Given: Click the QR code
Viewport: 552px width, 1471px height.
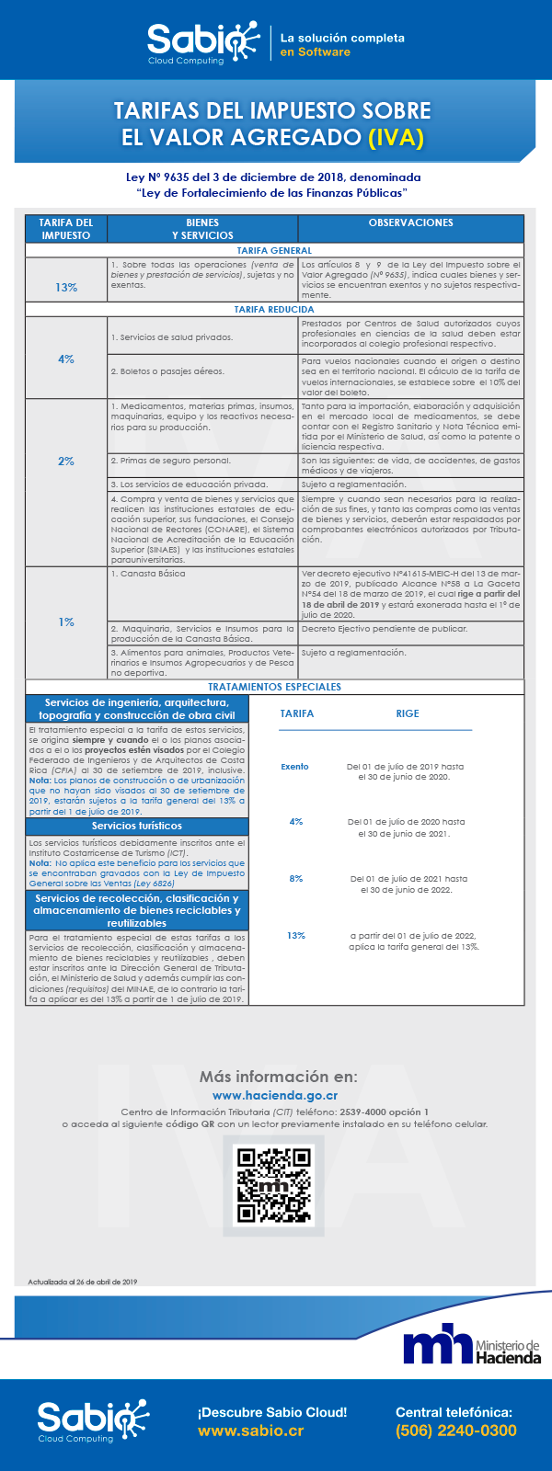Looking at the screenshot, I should point(274,1185).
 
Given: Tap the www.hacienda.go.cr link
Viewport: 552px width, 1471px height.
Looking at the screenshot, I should point(275,1096).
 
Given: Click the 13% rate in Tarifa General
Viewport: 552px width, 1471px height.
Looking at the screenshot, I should point(66,287).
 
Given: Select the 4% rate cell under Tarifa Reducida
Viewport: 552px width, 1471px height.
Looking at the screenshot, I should point(66,359).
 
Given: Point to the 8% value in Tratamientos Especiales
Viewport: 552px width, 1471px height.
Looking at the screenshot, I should point(295,879).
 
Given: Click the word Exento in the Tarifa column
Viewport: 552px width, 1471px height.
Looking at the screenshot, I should point(294,767).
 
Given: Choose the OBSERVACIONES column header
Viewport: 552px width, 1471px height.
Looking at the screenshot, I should point(410,223).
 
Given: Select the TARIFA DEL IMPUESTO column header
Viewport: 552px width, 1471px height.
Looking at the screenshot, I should point(66,229).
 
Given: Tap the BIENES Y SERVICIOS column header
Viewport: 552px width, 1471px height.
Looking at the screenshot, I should point(202,229).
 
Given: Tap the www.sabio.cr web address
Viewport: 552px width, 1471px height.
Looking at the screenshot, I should point(250,1431).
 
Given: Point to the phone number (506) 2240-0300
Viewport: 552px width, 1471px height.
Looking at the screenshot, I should point(455,1431).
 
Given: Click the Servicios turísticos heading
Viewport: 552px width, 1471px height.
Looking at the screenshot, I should point(137,826).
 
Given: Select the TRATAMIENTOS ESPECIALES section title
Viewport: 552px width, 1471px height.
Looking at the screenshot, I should point(274,687).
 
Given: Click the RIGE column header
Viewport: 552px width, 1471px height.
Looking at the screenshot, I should point(408,713).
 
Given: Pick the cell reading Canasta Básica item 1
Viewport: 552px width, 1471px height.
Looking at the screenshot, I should point(202,593).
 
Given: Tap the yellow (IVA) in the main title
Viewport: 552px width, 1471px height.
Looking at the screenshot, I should point(396,138).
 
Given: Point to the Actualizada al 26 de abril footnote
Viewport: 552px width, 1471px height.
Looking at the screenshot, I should point(83,1282).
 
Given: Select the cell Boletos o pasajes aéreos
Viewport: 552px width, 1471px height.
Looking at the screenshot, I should point(202,371).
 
